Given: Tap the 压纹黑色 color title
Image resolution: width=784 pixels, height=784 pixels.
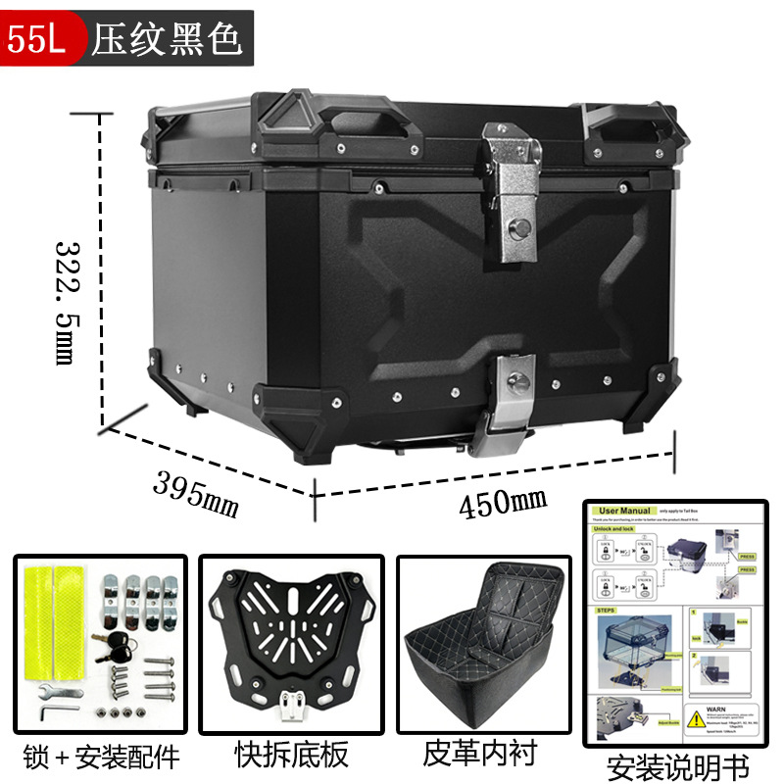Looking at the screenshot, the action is click(x=167, y=38).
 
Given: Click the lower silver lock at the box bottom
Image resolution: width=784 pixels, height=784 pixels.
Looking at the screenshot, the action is click(x=512, y=397).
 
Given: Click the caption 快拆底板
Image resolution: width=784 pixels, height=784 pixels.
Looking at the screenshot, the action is click(x=291, y=755).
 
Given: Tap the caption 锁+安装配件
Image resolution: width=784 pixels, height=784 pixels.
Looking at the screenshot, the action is click(x=101, y=756).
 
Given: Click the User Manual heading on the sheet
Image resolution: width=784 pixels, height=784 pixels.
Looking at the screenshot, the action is click(x=625, y=511).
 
